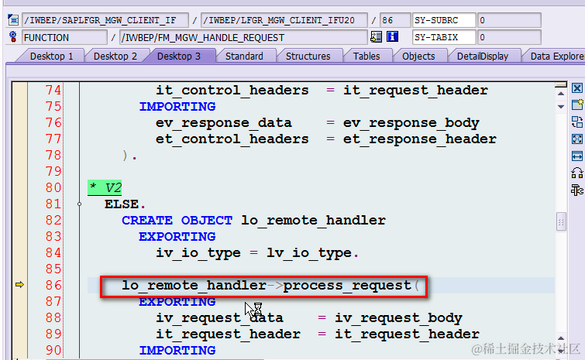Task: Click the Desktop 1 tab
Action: (x=52, y=56)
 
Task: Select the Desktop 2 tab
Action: (x=115, y=56)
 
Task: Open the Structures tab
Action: (x=308, y=56)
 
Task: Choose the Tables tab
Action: (x=366, y=56)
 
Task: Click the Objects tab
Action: (x=418, y=56)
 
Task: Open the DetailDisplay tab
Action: (x=482, y=56)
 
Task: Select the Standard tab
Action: (x=244, y=56)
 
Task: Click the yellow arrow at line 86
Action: (x=20, y=286)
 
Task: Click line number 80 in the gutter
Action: (x=53, y=187)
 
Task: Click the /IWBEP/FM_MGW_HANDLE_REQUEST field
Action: (x=242, y=37)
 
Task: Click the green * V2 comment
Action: (x=105, y=187)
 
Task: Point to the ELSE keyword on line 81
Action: (x=123, y=204)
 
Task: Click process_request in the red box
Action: (x=347, y=286)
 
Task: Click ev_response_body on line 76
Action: (x=411, y=122)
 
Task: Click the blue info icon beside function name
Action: (x=393, y=36)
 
